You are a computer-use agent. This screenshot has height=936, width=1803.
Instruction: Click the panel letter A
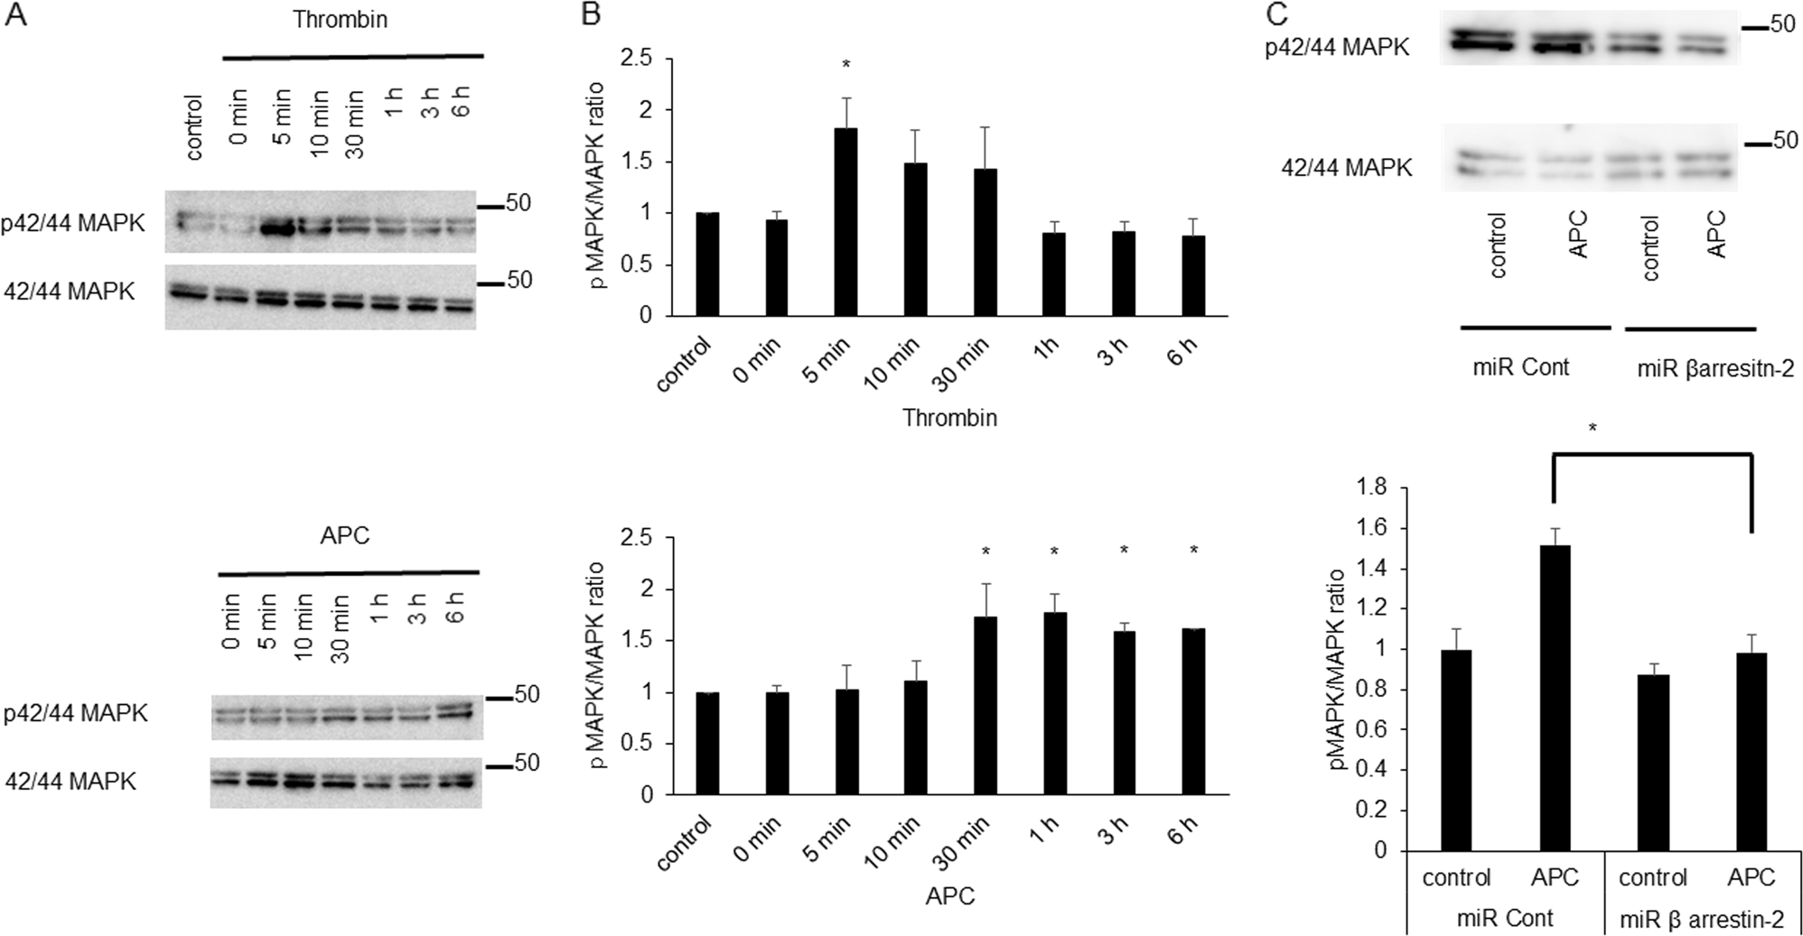15,15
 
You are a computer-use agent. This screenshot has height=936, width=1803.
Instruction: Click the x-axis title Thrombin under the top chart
949,418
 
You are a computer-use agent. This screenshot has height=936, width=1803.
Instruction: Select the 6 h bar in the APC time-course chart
1193,712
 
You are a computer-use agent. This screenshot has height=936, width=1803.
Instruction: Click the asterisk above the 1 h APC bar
1054,551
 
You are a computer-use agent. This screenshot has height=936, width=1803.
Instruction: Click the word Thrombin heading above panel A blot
340,20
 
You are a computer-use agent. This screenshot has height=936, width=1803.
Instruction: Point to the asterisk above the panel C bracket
1593,428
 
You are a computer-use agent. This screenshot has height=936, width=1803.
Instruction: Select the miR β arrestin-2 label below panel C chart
1700,919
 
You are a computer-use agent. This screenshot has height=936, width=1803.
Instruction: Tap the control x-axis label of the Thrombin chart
685,366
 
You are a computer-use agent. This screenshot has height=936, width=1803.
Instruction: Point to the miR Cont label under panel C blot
1520,367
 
